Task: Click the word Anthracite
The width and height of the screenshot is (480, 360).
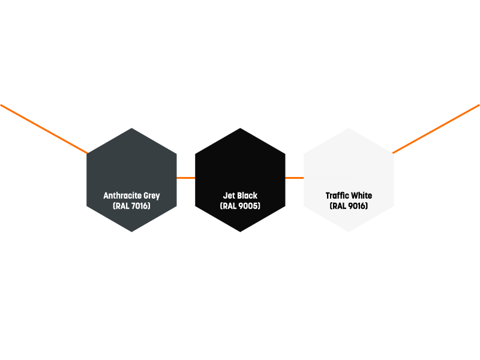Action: click(x=122, y=196)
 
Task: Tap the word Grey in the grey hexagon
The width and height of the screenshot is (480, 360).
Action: click(x=152, y=196)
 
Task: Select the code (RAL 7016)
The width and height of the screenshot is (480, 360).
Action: click(x=131, y=206)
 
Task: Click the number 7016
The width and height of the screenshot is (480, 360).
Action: click(x=141, y=206)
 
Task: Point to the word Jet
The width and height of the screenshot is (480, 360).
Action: click(x=229, y=196)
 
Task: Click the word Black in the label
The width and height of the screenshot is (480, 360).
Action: click(x=247, y=196)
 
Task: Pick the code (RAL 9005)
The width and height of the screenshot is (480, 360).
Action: click(x=240, y=206)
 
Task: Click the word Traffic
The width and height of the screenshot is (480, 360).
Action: click(x=337, y=196)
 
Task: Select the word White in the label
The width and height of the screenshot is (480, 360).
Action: click(x=361, y=196)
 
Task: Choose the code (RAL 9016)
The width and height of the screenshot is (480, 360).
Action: click(x=349, y=206)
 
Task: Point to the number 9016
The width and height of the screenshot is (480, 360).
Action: click(x=358, y=206)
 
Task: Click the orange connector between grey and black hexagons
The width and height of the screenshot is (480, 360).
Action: click(x=186, y=178)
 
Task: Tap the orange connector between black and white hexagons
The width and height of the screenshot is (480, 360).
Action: click(x=294, y=178)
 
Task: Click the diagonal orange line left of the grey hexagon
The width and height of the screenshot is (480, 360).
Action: click(x=44, y=129)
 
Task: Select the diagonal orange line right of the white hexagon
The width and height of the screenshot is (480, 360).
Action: click(x=436, y=129)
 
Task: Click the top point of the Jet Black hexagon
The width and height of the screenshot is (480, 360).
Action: click(x=240, y=128)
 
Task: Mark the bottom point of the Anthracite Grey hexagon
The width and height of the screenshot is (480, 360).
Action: click(x=131, y=232)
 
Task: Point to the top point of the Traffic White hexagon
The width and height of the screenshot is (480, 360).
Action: click(x=349, y=128)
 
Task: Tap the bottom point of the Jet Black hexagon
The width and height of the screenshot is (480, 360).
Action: click(x=240, y=232)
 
